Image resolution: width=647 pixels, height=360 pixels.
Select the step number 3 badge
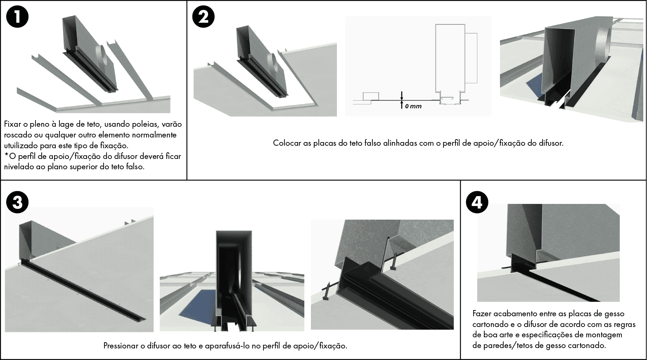pos(17,202)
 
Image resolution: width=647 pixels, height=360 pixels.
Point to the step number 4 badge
pos(477,202)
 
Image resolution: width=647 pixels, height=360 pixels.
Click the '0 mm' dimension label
pos(413,106)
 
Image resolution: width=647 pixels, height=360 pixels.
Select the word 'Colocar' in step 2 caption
pos(287,143)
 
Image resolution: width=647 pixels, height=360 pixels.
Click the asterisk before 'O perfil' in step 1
pos(6,155)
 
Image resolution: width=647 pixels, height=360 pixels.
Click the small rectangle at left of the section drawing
pos(371,96)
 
